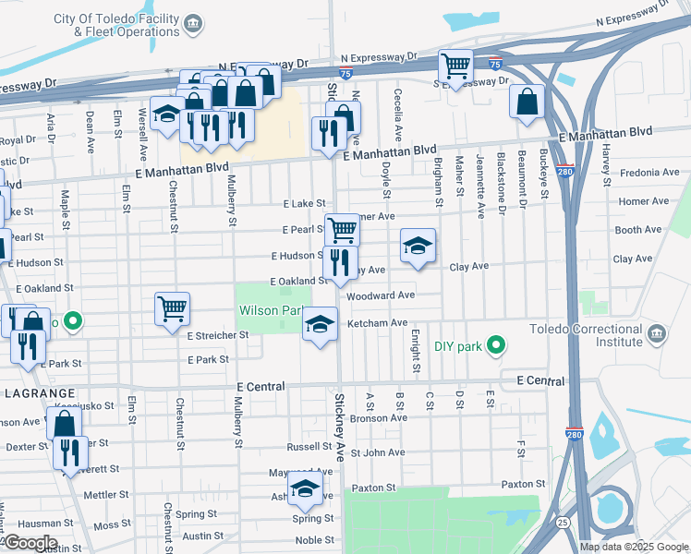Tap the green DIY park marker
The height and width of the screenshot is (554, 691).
496,346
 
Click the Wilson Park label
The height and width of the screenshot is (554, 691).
272,311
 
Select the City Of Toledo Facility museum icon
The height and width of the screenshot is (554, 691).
193,23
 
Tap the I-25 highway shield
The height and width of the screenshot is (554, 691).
563,522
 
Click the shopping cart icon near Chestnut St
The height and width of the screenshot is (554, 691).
173,308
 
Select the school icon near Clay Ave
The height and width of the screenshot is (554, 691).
418,246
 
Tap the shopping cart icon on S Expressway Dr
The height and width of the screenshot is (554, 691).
455,66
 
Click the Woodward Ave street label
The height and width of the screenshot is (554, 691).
381,295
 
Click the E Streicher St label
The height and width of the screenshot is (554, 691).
217,335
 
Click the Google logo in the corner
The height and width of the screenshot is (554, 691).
30,544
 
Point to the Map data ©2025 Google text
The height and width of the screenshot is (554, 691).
633,547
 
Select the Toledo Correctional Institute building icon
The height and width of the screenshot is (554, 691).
656,333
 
